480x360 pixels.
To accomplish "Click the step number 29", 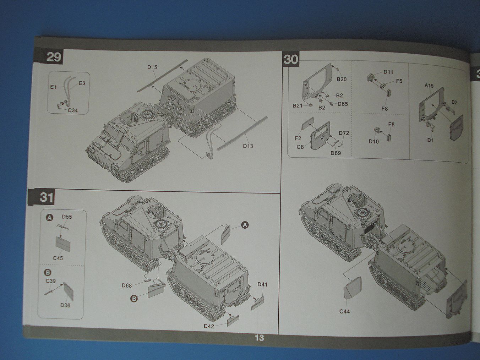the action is (54, 57).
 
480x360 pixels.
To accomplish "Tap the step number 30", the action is (291, 59).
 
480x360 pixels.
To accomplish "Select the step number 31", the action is (47, 197).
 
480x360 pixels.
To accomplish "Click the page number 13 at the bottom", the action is (259, 338).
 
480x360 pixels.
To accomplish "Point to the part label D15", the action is (152, 67).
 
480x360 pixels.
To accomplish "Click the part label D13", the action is (248, 146).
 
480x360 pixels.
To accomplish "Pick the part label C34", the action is (72, 110).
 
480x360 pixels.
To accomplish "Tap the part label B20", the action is (342, 79).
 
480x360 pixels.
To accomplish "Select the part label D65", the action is (343, 104).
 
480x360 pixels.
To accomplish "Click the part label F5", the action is (399, 81).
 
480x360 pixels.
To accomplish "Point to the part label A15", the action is (429, 86).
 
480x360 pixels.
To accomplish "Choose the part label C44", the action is (344, 311).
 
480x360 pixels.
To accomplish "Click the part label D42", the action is (209, 326).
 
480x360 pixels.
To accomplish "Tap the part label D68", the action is (126, 285).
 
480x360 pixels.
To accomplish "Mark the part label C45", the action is (58, 258).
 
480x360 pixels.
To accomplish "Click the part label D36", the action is (65, 305).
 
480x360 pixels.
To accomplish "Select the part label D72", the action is (344, 133).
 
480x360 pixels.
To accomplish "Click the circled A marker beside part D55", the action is (50, 217).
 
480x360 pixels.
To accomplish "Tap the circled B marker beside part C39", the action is (48, 273).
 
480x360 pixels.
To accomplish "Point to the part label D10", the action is (373, 141).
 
